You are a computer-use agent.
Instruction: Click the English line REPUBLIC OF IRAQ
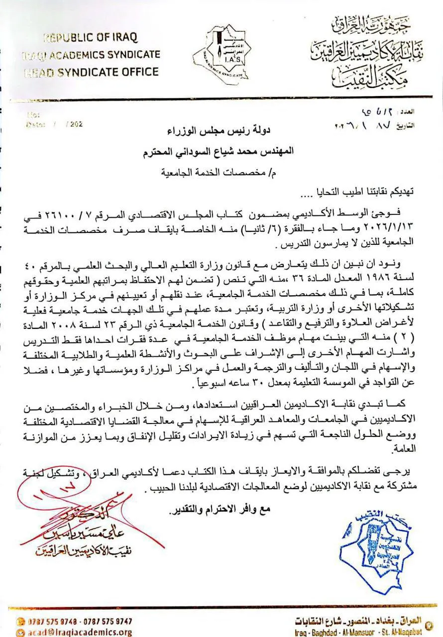click(90, 38)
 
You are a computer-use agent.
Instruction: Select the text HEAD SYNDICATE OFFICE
click(91, 71)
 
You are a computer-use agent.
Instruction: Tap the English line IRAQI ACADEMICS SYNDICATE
click(91, 55)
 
